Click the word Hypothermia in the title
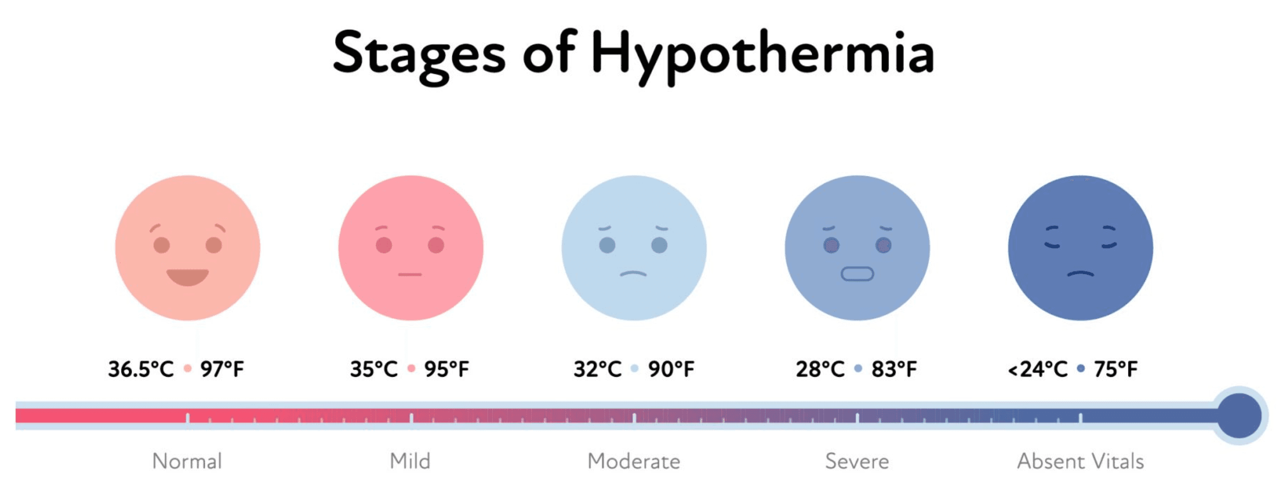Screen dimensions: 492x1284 click(x=762, y=54)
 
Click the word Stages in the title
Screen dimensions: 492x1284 click(x=419, y=54)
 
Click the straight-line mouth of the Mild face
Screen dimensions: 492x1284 click(x=410, y=275)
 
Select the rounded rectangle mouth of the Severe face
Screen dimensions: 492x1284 click(x=857, y=274)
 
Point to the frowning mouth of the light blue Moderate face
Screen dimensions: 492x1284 click(x=633, y=274)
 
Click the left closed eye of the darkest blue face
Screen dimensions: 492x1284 click(x=1052, y=237)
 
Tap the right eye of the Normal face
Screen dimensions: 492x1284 click(x=214, y=245)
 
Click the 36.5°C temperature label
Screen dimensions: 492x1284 click(x=141, y=369)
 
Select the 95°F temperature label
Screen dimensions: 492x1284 click(x=446, y=369)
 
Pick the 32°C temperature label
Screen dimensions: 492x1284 click(x=598, y=369)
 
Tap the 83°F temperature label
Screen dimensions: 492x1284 click(x=894, y=369)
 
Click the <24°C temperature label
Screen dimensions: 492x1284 click(x=1038, y=369)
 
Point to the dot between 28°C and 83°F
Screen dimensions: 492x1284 click(x=858, y=369)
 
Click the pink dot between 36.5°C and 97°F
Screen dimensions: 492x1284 click(x=188, y=369)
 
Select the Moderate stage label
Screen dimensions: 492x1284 click(x=633, y=461)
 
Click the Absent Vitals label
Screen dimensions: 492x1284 click(x=1080, y=461)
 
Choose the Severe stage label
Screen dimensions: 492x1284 click(x=857, y=461)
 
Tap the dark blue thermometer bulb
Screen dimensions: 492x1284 click(x=1239, y=416)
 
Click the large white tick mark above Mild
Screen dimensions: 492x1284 click(x=411, y=418)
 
